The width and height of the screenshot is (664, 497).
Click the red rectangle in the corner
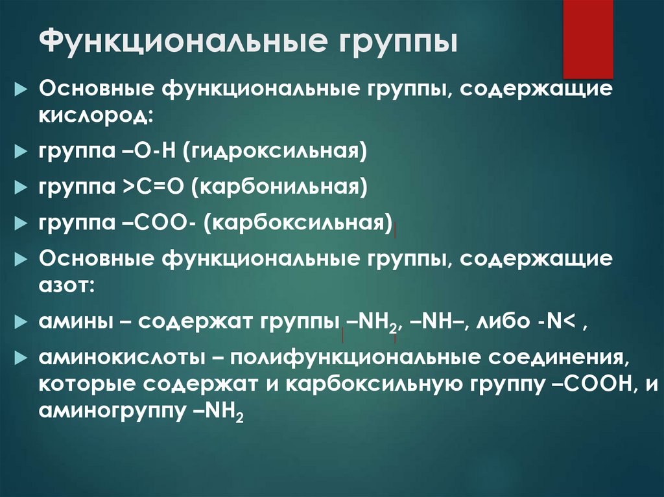click(587, 39)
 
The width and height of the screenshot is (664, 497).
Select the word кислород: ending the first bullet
click(96, 117)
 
